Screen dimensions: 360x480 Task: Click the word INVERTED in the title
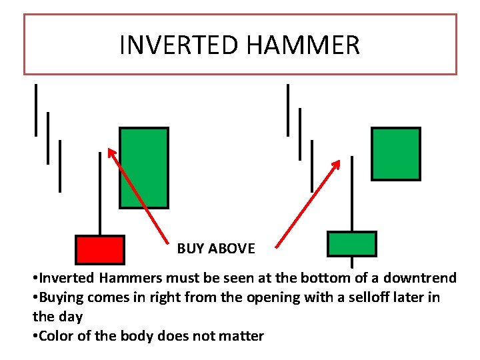(179, 45)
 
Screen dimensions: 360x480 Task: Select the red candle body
(99, 249)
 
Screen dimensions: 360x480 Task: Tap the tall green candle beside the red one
(143, 168)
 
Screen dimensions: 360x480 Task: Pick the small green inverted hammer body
(351, 244)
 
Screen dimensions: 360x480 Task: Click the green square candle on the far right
(395, 154)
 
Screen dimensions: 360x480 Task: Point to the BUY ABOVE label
(216, 249)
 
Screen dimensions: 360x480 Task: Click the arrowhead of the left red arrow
(111, 151)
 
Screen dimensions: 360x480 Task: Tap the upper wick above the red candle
(100, 193)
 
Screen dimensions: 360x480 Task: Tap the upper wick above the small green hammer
(351, 193)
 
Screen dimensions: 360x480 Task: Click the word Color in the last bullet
(55, 336)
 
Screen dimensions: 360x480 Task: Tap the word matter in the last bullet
(243, 336)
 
